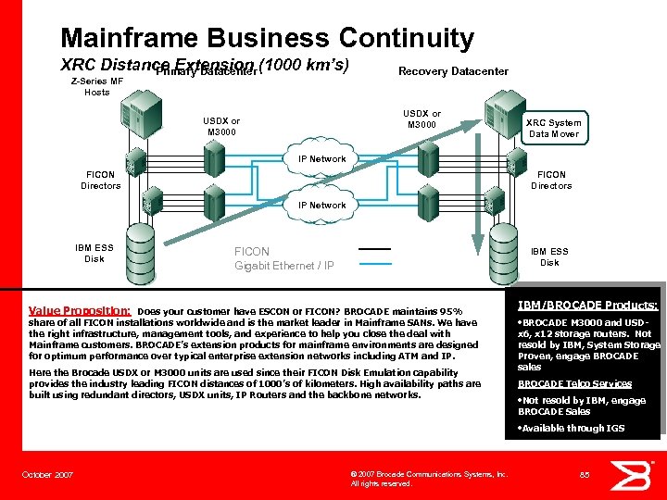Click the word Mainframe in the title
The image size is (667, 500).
point(128,38)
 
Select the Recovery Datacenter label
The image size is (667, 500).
point(453,71)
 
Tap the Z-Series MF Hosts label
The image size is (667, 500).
point(97,86)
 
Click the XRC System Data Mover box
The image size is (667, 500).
point(553,129)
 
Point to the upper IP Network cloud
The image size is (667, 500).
point(321,159)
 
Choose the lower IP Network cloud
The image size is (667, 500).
point(321,206)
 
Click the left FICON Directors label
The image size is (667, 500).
point(100,180)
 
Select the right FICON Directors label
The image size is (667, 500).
point(551,180)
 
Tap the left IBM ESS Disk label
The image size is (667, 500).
point(94,253)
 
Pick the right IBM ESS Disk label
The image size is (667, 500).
point(549,256)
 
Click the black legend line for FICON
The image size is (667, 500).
point(374,249)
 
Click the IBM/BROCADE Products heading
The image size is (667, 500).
point(587,305)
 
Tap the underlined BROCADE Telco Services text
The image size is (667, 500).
point(574,383)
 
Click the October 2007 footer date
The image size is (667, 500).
point(47,475)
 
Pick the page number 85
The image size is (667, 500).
point(585,475)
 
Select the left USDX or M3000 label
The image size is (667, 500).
point(221,126)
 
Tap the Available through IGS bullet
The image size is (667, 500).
point(573,428)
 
